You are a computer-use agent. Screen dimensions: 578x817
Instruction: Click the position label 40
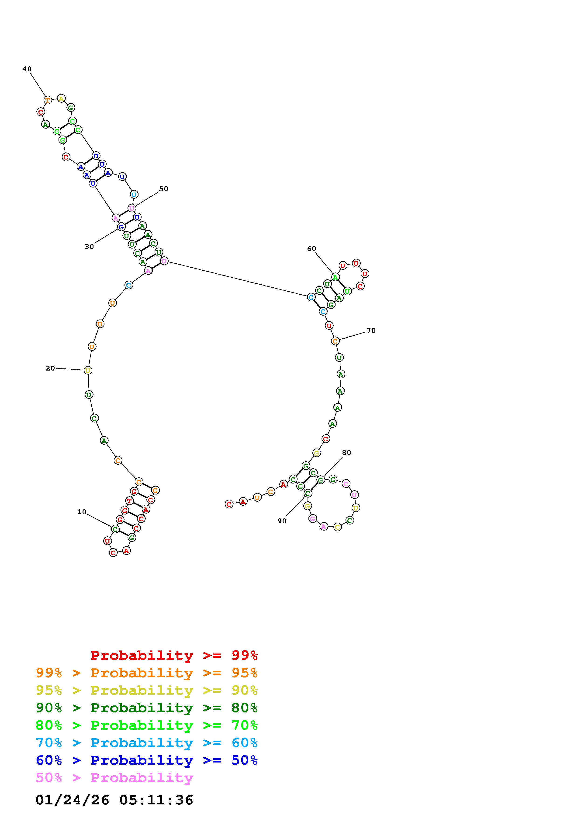(27, 69)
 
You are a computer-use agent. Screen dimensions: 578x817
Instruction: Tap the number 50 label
(163, 189)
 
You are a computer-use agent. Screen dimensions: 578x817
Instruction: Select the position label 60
(311, 249)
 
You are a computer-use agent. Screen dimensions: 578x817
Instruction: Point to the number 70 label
(371, 330)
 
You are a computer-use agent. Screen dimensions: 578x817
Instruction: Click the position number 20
(50, 368)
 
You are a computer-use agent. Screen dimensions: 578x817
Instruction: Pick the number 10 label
(82, 512)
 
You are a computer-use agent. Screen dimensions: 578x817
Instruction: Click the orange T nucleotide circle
(48, 100)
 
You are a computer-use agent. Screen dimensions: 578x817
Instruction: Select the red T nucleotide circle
(129, 501)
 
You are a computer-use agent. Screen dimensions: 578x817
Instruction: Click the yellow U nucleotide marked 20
(88, 371)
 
